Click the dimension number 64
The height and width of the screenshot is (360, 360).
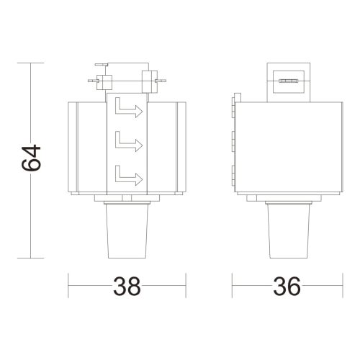[32, 159]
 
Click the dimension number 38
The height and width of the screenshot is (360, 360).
[127, 287]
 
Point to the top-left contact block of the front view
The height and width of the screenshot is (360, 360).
[101, 81]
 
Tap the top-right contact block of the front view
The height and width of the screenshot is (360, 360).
[150, 79]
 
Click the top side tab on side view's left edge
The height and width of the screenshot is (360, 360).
[234, 103]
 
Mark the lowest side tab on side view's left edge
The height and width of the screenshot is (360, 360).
[234, 172]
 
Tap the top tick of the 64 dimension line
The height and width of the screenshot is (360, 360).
[31, 63]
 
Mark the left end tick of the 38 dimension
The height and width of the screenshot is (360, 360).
[69, 287]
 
